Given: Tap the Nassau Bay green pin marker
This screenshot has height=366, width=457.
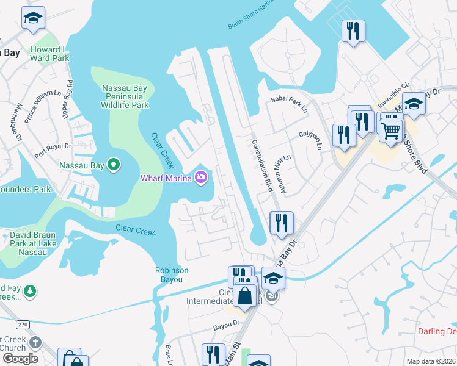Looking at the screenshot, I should (x=114, y=165).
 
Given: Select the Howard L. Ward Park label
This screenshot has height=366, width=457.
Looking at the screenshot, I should (x=50, y=54).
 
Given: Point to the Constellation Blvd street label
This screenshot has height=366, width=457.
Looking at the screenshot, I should (x=261, y=165).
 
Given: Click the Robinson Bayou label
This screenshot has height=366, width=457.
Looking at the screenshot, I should (x=172, y=274).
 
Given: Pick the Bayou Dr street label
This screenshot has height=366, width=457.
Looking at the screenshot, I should (x=227, y=326).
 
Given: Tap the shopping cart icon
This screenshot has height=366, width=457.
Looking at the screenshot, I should (x=391, y=129).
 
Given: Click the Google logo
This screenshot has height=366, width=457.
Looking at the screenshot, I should (x=20, y=359).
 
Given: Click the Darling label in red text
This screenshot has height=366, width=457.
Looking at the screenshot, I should (x=437, y=332).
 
